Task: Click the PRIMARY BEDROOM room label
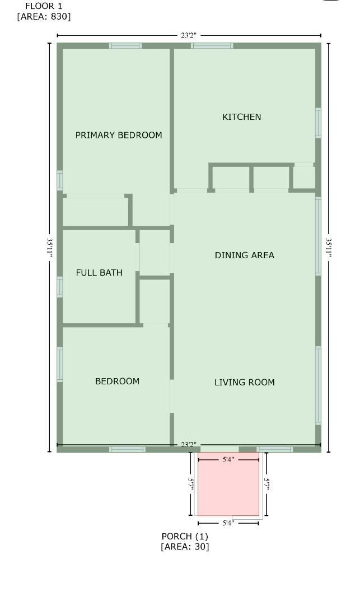click(119, 135)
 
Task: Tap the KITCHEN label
click(242, 117)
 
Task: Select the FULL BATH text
click(99, 273)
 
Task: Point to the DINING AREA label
click(245, 255)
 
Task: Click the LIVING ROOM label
click(245, 383)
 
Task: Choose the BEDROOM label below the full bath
click(117, 381)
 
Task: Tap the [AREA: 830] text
click(44, 16)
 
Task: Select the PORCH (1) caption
click(185, 536)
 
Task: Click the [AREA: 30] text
click(185, 547)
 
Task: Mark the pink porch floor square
click(228, 485)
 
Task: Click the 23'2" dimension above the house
click(189, 36)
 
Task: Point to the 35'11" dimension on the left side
click(50, 246)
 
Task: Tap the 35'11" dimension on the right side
click(329, 247)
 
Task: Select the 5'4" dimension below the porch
click(228, 523)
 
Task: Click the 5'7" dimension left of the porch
click(191, 483)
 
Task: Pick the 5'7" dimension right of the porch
click(267, 483)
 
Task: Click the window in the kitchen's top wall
click(212, 46)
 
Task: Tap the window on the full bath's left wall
click(60, 286)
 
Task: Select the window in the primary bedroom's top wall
click(125, 46)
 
